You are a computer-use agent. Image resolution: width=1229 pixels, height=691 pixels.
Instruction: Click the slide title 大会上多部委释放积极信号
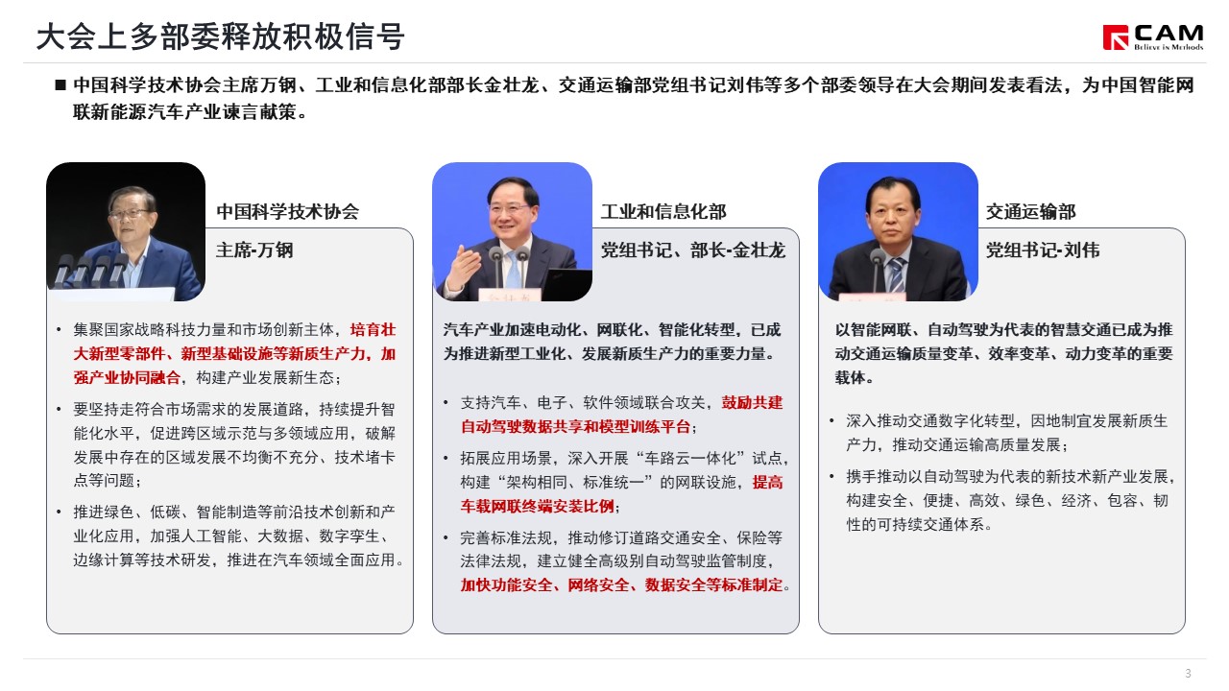[x=221, y=36]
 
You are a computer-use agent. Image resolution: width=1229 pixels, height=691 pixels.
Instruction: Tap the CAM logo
[x=1153, y=37]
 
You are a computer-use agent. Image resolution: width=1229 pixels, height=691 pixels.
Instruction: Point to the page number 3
[x=1189, y=673]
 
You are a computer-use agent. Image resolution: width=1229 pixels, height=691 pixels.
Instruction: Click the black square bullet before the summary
[x=60, y=85]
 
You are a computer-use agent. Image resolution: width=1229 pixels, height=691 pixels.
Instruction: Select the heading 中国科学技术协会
[x=287, y=212]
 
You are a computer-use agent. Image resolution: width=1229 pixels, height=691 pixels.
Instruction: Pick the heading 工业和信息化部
[x=663, y=212]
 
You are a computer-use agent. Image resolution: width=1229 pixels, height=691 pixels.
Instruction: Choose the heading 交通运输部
[x=1031, y=212]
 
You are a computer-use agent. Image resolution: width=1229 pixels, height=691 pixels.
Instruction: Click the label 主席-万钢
[x=254, y=250]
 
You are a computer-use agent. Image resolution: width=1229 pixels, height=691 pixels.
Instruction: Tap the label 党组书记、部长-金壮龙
[x=693, y=250]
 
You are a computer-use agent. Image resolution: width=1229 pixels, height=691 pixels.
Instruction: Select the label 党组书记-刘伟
[x=1043, y=250]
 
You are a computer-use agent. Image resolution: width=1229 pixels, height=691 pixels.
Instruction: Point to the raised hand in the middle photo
[x=464, y=267]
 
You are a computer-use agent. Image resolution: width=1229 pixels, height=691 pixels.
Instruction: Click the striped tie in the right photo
[x=897, y=274]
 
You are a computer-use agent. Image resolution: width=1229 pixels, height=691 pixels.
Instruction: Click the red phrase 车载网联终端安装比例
[x=537, y=506]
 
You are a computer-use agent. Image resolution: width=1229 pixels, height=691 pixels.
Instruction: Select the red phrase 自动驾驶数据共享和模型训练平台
[x=575, y=427]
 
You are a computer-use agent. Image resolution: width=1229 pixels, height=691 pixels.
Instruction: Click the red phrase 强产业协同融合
[x=127, y=378]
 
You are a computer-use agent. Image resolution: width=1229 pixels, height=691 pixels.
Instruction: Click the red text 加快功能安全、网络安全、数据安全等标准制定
[x=621, y=585]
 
